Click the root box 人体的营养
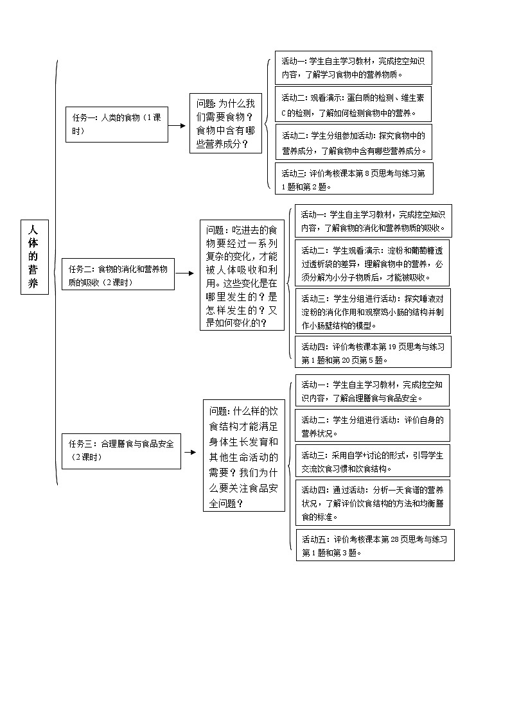pos(34,257)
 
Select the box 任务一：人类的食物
pos(116,124)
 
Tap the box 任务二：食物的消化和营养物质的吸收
pos(118,275)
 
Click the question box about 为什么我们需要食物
pos(227,123)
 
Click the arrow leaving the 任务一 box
pos(177,125)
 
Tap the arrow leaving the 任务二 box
pos(185,274)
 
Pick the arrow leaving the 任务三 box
pos(190,451)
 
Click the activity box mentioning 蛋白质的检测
pos(353,105)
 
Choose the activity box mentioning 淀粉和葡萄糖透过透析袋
pos(372,263)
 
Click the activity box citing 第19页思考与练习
pos(373,352)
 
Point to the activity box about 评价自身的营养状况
pos(373,426)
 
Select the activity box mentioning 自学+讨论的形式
pos(373,460)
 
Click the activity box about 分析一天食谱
pos(373,502)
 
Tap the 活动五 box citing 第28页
pos(375,544)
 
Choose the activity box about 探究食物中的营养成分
pos(354,142)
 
